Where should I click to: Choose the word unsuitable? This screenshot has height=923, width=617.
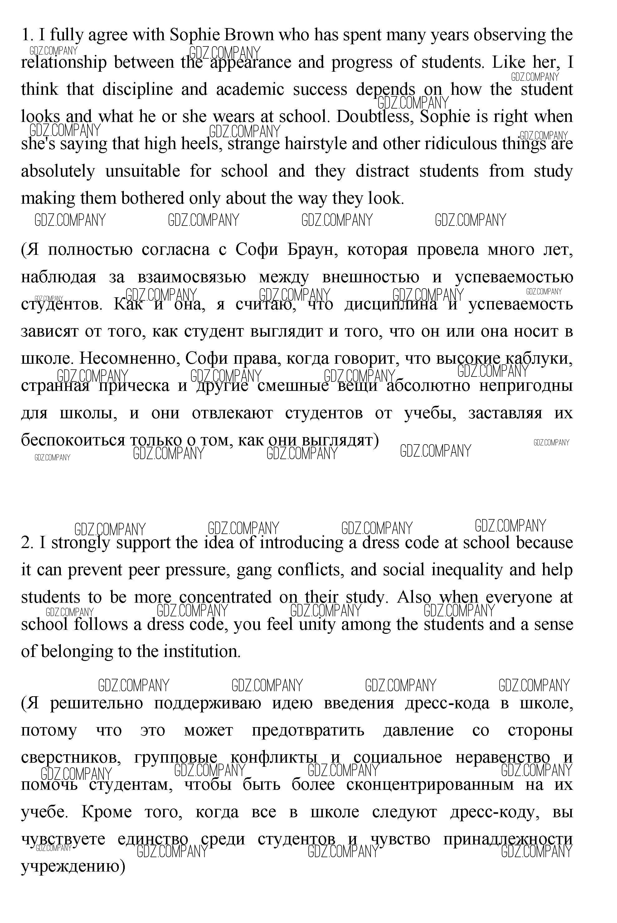click(143, 171)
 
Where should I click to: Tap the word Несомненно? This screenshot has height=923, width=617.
click(129, 358)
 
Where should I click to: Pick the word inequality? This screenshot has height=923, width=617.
click(467, 570)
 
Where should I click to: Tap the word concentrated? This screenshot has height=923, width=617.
click(225, 597)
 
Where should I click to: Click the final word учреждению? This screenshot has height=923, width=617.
click(72, 866)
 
